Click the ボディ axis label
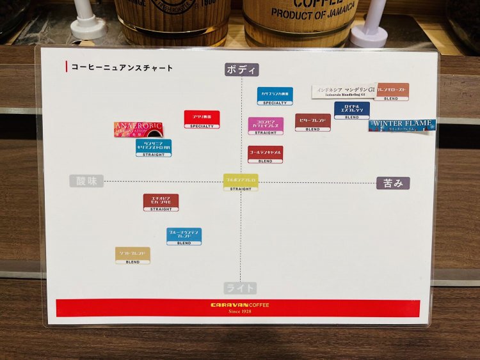pyautogui.click(x=241, y=70)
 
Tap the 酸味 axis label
pyautogui.click(x=86, y=181)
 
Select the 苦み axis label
pyautogui.click(x=393, y=184)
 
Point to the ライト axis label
pyautogui.click(x=241, y=288)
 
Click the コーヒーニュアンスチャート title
pyautogui.click(x=122, y=68)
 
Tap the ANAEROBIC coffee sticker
pyautogui.click(x=138, y=129)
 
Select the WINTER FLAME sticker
pyautogui.click(x=402, y=125)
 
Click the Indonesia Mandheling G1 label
pyautogui.click(x=344, y=92)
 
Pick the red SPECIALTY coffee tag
pyautogui.click(x=202, y=119)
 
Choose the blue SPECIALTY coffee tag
pyautogui.click(x=275, y=96)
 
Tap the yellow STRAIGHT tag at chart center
pyautogui.click(x=241, y=182)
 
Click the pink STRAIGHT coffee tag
pyautogui.click(x=266, y=126)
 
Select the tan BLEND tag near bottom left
pyautogui.click(x=132, y=255)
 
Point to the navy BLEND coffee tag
pyautogui.click(x=352, y=111)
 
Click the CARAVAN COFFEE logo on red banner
pyautogui.click(x=240, y=305)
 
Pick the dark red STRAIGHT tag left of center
pyautogui.click(x=161, y=202)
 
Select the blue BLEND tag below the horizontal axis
pyautogui.click(x=184, y=237)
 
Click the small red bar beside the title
pyautogui.click(x=67, y=67)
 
